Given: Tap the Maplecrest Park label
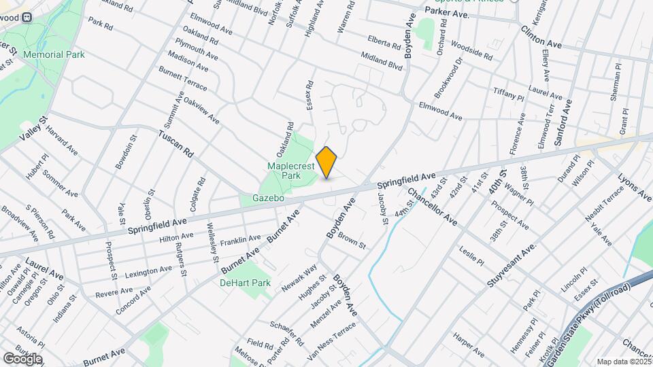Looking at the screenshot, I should pyautogui.click(x=284, y=171).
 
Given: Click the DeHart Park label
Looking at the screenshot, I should pyautogui.click(x=245, y=283).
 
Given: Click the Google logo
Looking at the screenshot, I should pyautogui.click(x=22, y=358).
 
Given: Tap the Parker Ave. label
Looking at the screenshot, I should pyautogui.click(x=451, y=14).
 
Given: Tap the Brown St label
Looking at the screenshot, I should pyautogui.click(x=352, y=241).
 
